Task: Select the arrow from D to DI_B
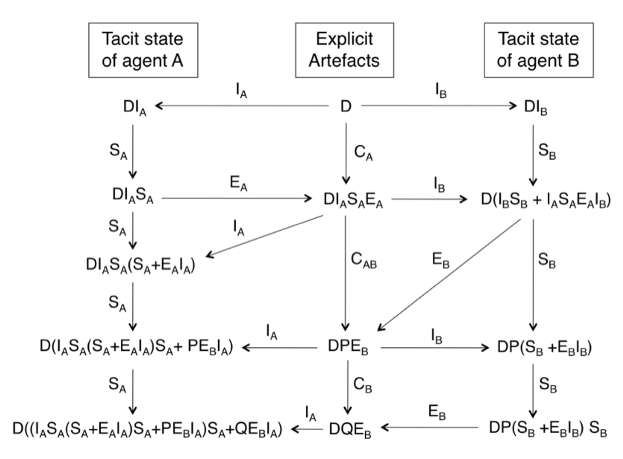[439, 106]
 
